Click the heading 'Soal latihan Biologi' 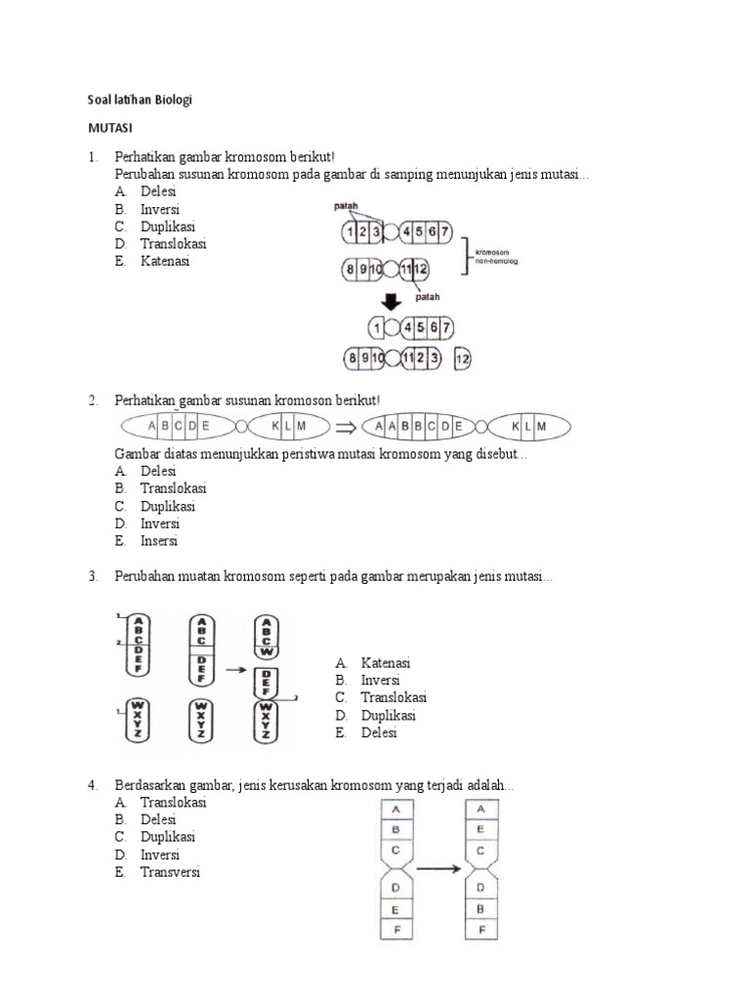pyautogui.click(x=143, y=101)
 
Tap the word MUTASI pyautogui.click(x=111, y=128)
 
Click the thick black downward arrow pyautogui.click(x=391, y=301)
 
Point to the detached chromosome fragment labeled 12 pyautogui.click(x=462, y=359)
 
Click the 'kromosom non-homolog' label pyautogui.click(x=497, y=256)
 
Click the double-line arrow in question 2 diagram pyautogui.click(x=347, y=427)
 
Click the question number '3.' pyautogui.click(x=93, y=577)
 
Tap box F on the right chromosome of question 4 pyautogui.click(x=482, y=929)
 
